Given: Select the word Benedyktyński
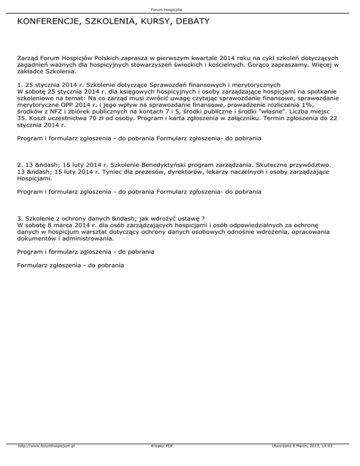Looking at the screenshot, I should click(x=144, y=165).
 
